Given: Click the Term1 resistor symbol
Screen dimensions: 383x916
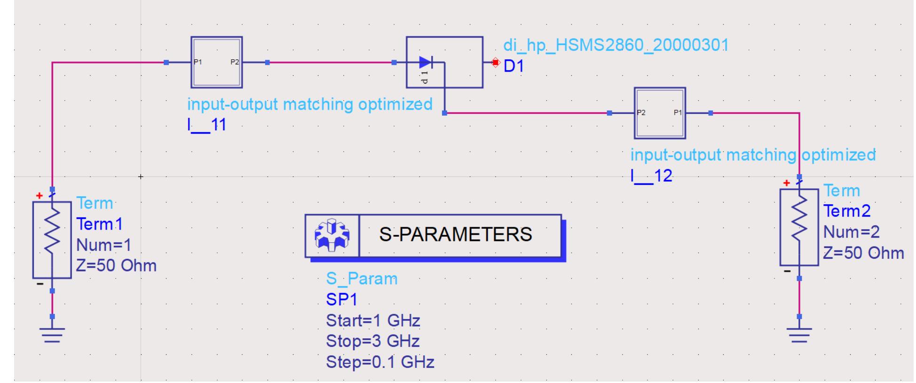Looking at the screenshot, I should [52, 239].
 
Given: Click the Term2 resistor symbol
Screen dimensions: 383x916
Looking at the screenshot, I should [799, 227].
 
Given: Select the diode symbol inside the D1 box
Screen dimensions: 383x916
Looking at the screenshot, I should [426, 62].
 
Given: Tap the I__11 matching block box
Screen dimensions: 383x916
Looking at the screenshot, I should [216, 62].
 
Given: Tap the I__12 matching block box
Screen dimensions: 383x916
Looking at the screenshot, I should [659, 113].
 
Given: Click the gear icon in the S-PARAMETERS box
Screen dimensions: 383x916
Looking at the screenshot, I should [332, 235].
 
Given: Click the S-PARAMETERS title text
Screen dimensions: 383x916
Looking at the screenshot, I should [455, 234].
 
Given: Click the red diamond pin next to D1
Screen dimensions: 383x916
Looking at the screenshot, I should [495, 62].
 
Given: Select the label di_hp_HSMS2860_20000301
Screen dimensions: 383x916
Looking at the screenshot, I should [616, 45].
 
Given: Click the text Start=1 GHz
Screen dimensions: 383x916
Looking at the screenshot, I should [372, 320].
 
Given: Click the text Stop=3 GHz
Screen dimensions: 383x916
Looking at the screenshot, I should [372, 341].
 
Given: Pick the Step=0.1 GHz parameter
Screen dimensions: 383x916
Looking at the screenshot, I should [379, 362].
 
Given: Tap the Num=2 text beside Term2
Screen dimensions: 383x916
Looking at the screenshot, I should [851, 232].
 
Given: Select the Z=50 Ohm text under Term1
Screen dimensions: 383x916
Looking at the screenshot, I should [116, 266].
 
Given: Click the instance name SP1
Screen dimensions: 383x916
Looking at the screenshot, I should [341, 300].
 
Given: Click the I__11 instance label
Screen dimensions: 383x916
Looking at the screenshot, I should [206, 125].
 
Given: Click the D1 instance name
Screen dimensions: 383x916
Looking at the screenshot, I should [513, 66].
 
